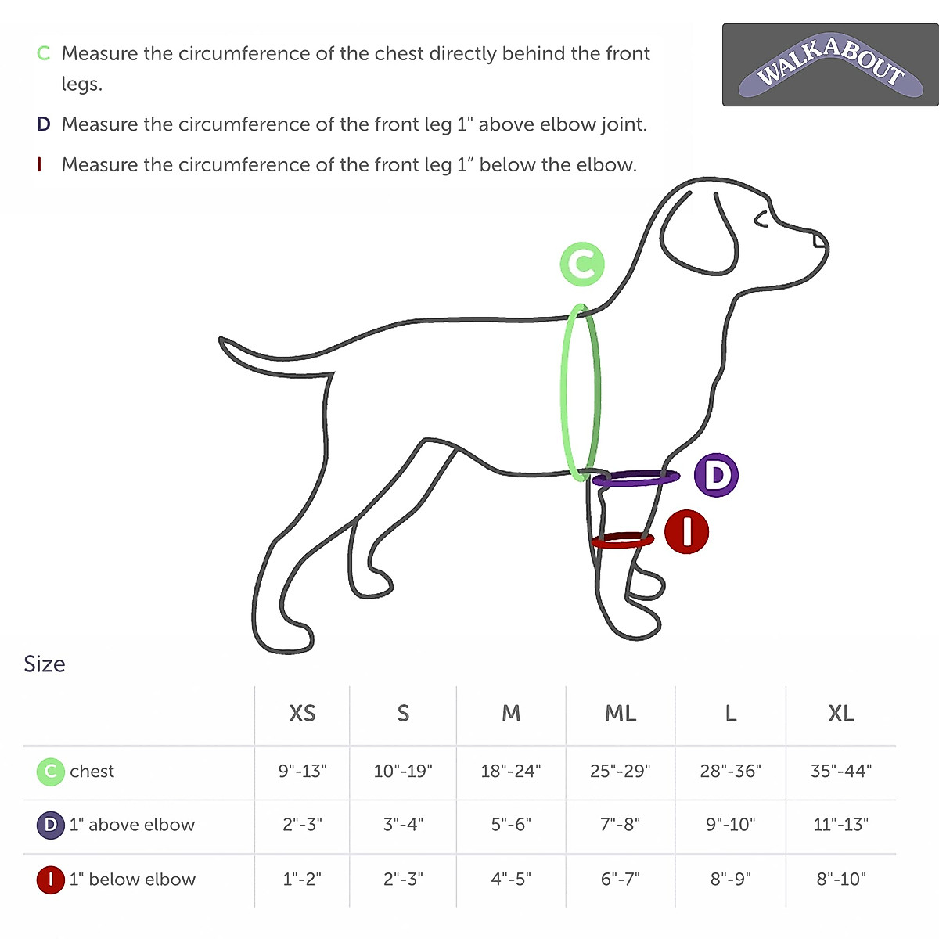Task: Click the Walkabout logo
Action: [830, 65]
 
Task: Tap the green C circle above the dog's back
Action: [582, 264]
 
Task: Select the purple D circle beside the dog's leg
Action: [716, 475]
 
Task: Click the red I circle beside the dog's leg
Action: [686, 531]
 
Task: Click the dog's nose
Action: [819, 239]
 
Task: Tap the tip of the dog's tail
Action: [223, 341]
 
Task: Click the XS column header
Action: [302, 714]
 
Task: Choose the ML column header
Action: [621, 714]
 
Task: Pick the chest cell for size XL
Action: [841, 771]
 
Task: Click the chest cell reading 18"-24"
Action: [511, 771]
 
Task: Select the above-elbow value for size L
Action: [731, 825]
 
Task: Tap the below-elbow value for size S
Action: [403, 879]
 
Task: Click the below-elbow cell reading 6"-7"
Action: [621, 879]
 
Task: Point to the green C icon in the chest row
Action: [50, 772]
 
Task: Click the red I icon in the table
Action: [50, 880]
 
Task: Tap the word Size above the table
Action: [45, 664]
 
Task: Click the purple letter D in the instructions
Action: [44, 124]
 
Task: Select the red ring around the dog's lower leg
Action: [623, 541]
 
